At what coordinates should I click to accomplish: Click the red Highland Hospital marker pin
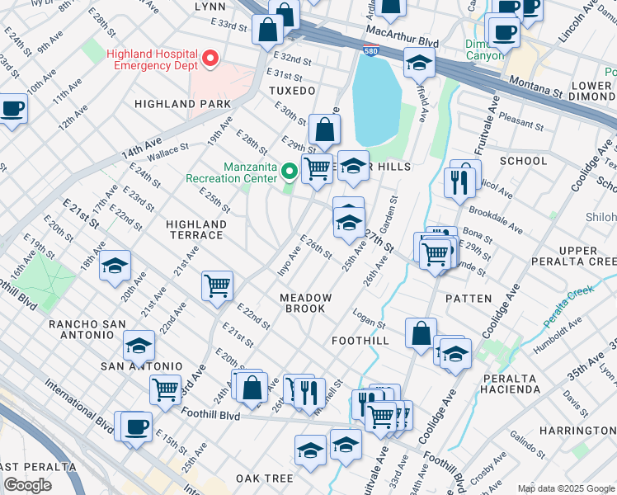coord(210,58)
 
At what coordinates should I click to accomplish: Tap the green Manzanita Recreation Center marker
coord(289,172)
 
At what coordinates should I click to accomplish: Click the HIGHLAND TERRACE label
coord(195,229)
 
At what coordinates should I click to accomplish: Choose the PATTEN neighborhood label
coord(469,298)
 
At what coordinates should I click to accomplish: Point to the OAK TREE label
coord(264,478)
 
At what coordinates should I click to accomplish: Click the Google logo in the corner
coord(27,485)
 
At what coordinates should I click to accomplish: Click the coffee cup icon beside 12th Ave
coord(12,108)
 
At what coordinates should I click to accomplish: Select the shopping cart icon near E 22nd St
coord(217,285)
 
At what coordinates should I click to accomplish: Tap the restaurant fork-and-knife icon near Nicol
coord(457,181)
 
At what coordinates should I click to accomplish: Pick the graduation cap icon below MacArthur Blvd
coord(419,63)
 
